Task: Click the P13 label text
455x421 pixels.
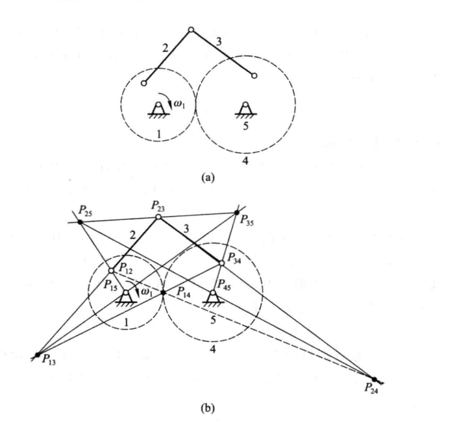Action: point(49,360)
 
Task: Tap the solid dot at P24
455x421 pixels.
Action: point(375,379)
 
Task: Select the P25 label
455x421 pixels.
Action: point(85,211)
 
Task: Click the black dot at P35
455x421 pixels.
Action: point(237,213)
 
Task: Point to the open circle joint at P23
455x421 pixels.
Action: point(158,217)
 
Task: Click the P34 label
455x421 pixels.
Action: point(234,258)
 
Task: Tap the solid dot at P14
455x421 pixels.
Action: point(164,293)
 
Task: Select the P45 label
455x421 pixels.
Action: point(224,284)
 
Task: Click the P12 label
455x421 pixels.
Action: point(126,268)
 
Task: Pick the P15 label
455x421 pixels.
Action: point(110,285)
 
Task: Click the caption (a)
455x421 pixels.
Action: point(208,177)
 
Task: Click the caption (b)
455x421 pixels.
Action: point(208,407)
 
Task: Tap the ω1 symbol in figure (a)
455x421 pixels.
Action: point(178,104)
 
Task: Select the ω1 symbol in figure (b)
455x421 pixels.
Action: point(146,293)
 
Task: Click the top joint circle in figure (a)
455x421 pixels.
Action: point(191,30)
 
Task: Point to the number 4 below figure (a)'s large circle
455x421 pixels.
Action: point(245,160)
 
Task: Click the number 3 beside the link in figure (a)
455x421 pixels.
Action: point(219,42)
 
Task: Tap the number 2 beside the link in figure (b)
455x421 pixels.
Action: point(132,235)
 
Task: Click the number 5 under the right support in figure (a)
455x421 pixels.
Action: point(245,126)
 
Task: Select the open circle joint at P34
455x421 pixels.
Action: point(221,263)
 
